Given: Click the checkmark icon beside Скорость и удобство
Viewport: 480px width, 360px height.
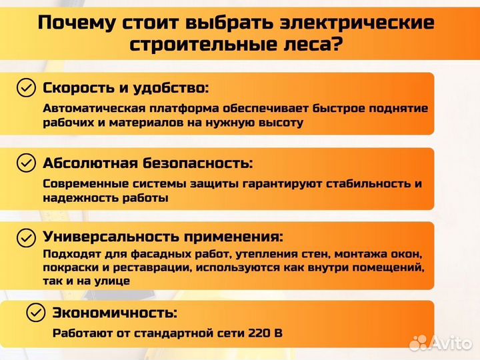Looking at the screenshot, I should point(26,88).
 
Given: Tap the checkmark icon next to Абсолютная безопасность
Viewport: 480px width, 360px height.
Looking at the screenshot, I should point(26,163).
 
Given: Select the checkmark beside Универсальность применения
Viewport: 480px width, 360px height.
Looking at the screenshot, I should point(26,237).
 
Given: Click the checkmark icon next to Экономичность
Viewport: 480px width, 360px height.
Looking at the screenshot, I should point(36,312).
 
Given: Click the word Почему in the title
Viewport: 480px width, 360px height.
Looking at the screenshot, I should point(75,23).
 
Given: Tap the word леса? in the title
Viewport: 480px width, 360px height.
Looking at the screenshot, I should point(315,45).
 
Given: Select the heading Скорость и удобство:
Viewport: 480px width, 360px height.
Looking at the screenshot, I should point(125,88).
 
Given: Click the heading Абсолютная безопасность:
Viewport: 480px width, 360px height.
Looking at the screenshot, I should point(148,163).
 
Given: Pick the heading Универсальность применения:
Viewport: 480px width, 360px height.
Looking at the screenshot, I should point(163,237).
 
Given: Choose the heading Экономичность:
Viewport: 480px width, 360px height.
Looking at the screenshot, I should point(115,313).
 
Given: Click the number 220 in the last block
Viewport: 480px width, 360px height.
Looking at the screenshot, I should point(258,333).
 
